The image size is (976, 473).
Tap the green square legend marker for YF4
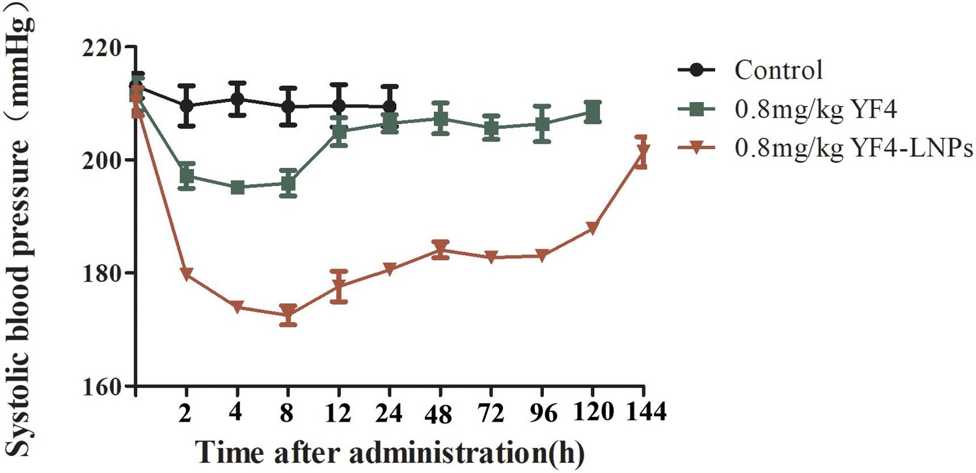[x=698, y=109]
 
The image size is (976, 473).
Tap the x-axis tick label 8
[x=288, y=412]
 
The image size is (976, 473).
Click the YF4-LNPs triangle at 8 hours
[x=288, y=314]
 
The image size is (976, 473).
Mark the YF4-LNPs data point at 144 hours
[x=643, y=152]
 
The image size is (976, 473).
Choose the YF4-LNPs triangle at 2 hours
[x=187, y=274]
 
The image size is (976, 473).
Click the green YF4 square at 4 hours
[x=237, y=187]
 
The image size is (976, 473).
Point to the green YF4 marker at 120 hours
[x=593, y=112]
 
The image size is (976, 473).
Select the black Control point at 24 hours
[x=390, y=107]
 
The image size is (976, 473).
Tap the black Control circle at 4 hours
[x=237, y=99]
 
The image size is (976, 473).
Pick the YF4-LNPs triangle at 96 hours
[x=542, y=256]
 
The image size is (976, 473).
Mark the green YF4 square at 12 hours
[x=339, y=131]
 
